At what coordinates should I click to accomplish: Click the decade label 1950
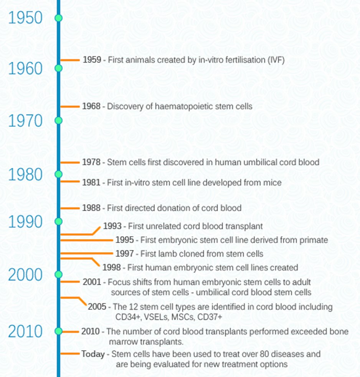25,18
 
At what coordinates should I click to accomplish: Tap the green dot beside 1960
58,68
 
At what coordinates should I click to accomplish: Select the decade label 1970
25,121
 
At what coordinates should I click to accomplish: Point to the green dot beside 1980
58,174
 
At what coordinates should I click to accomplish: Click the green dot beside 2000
58,274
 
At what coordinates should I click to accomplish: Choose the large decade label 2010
25,331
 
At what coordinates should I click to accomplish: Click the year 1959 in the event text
92,60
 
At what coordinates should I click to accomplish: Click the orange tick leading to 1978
70,163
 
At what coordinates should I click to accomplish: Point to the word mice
272,183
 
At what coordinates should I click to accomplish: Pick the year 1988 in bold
91,208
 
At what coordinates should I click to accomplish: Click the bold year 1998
111,267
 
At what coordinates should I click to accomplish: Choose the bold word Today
93,354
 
